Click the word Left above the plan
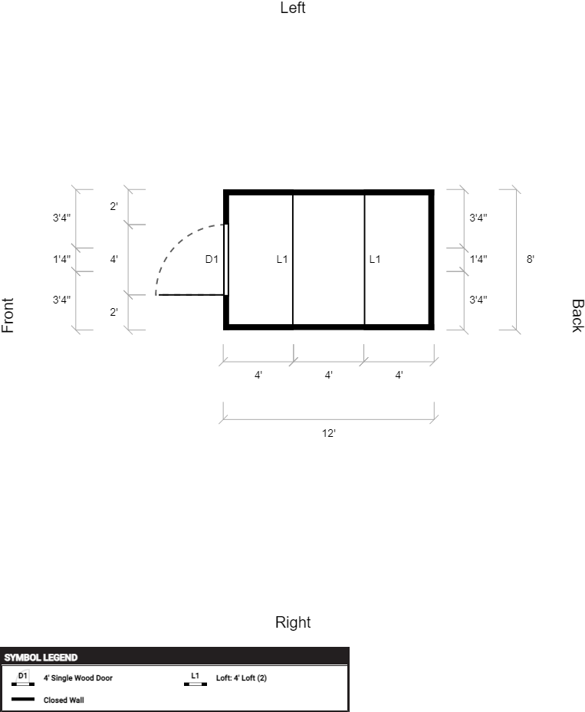(293, 8)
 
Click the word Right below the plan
(293, 622)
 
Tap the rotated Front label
(8, 315)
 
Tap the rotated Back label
(577, 316)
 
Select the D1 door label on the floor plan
(212, 259)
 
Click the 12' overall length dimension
(328, 433)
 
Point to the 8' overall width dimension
(530, 259)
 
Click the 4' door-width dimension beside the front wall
(114, 259)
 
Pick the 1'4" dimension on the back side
(478, 259)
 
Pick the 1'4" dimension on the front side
(61, 259)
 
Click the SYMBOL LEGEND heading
(41, 658)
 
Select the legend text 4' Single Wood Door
(78, 678)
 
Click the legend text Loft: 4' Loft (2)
(242, 678)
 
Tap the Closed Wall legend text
(64, 701)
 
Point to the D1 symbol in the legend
(23, 678)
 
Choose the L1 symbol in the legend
(196, 678)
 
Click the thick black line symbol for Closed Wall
(23, 699)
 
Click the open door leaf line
(191, 295)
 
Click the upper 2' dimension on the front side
(114, 206)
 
